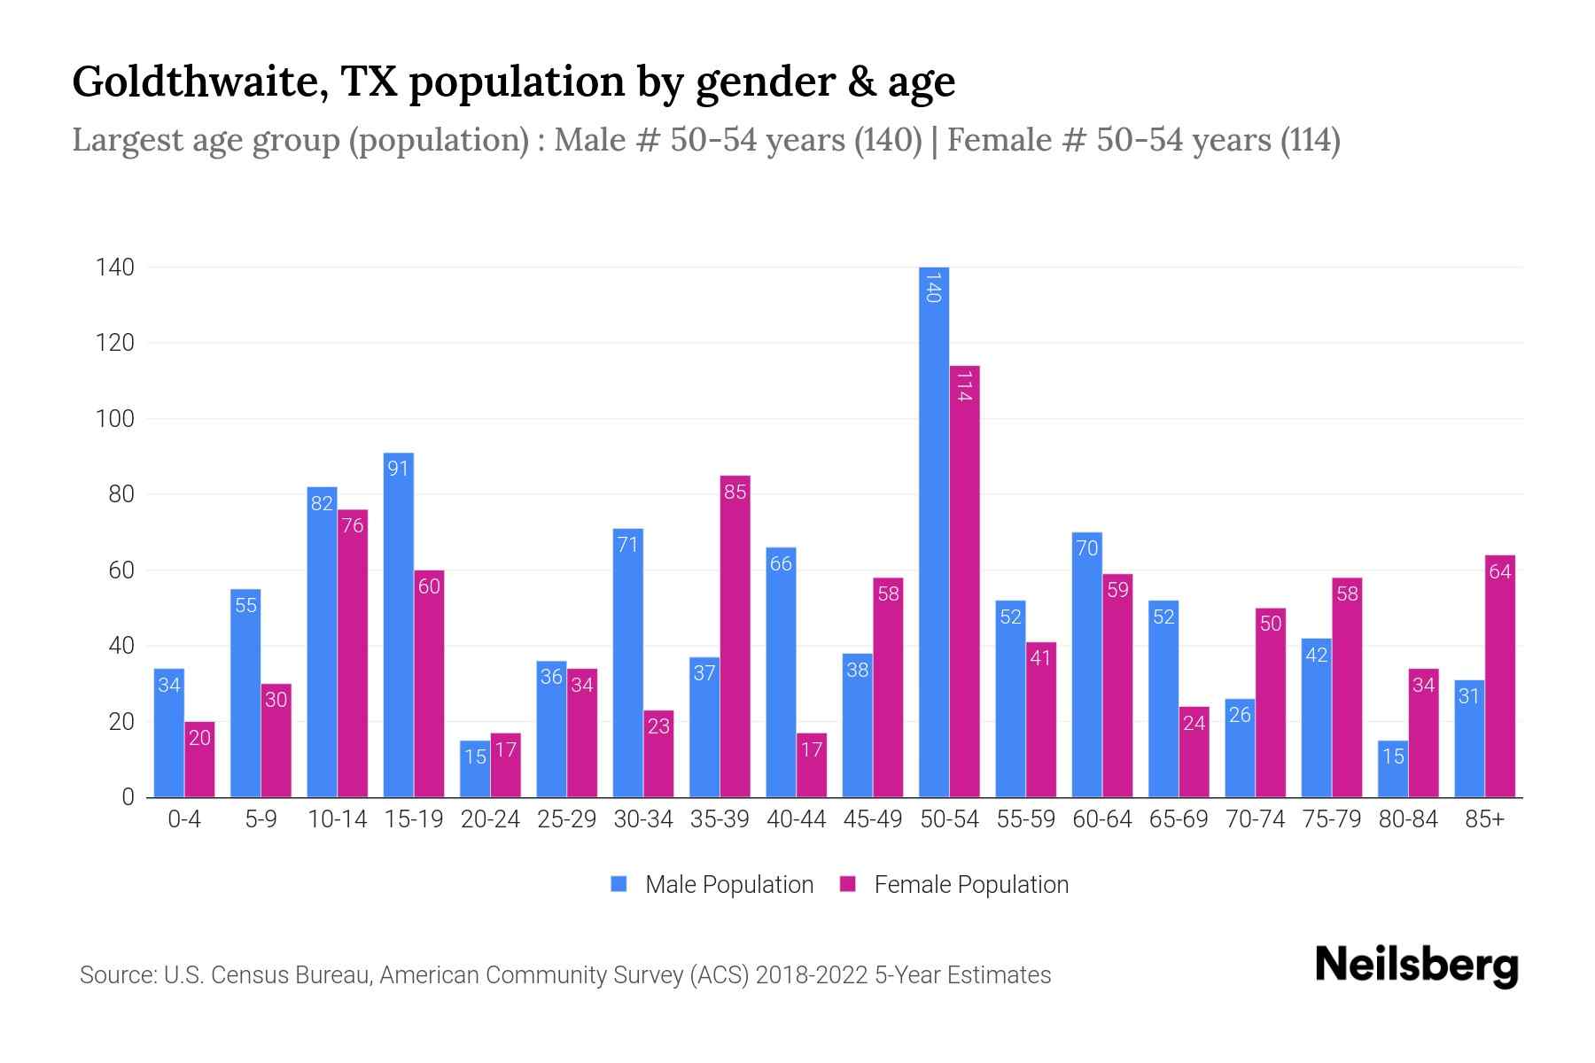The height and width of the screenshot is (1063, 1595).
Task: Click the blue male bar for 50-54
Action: [934, 531]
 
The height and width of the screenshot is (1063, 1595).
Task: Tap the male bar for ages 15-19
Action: [398, 625]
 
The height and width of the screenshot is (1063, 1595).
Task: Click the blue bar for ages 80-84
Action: [1392, 769]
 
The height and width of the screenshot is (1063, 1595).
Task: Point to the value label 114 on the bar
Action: [965, 386]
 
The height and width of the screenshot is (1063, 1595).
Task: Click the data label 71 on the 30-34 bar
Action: [627, 545]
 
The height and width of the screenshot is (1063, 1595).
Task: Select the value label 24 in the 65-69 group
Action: [1194, 724]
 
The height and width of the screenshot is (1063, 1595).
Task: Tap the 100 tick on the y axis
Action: [115, 419]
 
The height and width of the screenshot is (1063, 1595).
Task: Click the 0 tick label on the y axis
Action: [128, 797]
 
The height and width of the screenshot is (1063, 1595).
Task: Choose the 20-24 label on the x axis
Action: [490, 819]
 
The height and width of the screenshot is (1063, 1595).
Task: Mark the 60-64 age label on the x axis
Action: [1101, 819]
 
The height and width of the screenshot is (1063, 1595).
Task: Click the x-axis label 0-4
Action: [184, 819]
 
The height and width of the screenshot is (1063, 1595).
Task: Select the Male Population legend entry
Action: [728, 885]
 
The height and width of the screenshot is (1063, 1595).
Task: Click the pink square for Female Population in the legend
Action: [848, 884]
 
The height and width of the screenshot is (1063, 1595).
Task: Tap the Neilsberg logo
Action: [1416, 966]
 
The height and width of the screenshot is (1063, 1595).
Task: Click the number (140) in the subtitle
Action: [888, 140]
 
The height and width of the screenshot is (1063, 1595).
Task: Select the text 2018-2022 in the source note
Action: [812, 975]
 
